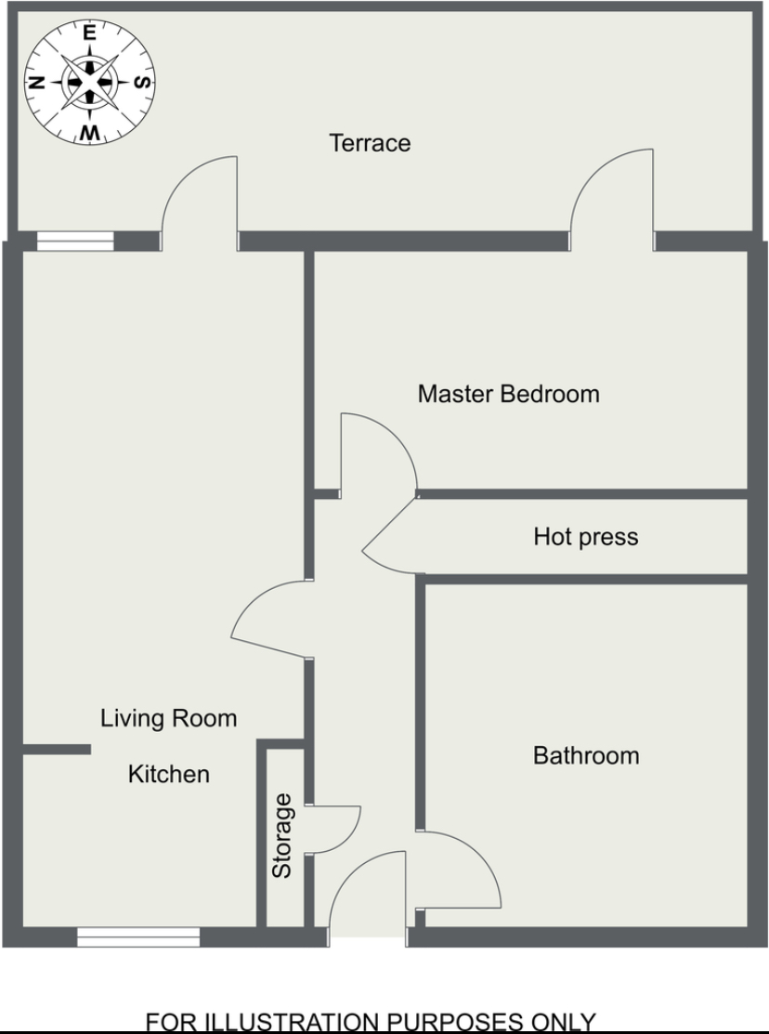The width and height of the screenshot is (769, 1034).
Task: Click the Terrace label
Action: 370,143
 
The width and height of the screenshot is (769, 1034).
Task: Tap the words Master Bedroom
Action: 509,394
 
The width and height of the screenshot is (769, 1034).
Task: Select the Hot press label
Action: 586,537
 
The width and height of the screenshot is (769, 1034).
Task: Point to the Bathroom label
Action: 586,755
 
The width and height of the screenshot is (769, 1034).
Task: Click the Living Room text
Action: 168,718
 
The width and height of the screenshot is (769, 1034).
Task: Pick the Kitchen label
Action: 169,774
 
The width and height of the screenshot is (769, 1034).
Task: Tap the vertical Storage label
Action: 282,835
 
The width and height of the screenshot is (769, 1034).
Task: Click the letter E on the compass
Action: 90,33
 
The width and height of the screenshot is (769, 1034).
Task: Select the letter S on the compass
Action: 142,82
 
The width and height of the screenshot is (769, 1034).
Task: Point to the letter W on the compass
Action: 90,133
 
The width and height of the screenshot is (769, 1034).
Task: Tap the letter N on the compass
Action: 37,83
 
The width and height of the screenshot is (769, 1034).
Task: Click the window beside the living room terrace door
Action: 75,242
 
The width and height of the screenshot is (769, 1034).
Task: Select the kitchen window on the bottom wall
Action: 138,937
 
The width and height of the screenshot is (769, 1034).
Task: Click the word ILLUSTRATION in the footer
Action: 294,1023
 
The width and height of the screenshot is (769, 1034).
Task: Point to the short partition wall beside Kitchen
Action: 57,749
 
